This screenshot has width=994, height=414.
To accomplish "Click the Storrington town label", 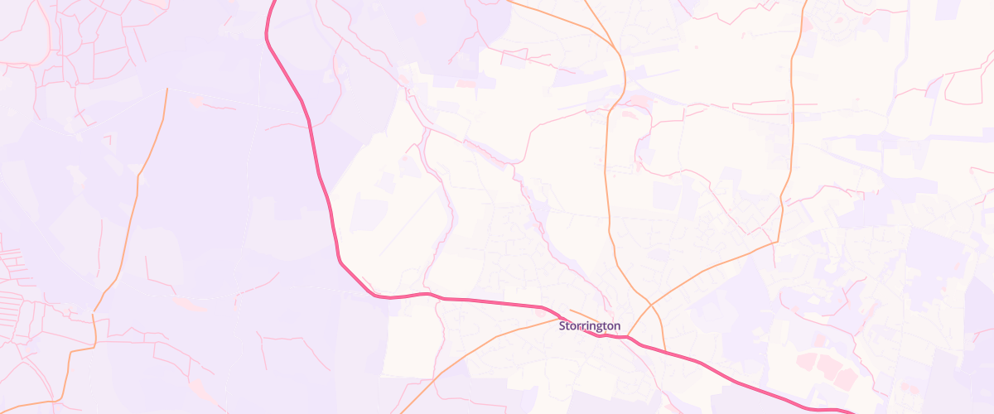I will (589, 326).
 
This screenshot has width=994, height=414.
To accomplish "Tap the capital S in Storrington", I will (562, 326).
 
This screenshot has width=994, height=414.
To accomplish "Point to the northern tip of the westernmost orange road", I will (166, 89).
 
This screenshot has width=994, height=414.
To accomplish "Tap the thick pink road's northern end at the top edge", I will (273, 2).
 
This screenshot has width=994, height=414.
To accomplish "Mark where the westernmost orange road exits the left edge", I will (2, 405).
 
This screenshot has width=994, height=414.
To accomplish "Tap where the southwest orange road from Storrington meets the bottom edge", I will (401, 412).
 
